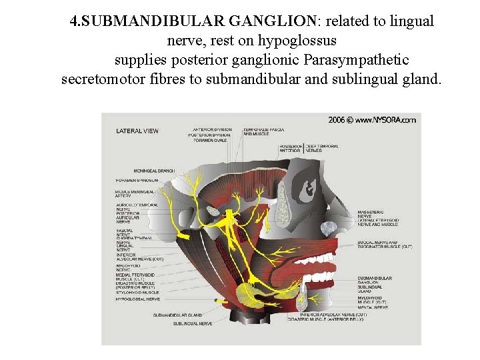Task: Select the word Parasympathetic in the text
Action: point(357,60)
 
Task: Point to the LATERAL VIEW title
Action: point(137,131)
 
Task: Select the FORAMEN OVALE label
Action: point(210,141)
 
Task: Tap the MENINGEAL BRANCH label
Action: point(153,171)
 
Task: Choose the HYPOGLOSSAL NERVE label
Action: point(137,299)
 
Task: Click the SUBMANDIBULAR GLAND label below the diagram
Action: point(177,315)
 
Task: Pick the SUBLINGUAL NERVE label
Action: point(193,323)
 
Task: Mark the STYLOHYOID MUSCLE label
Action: point(137,292)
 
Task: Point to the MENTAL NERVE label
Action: point(372,307)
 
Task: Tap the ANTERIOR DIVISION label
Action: point(212,129)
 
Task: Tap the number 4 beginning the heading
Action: point(73,21)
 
